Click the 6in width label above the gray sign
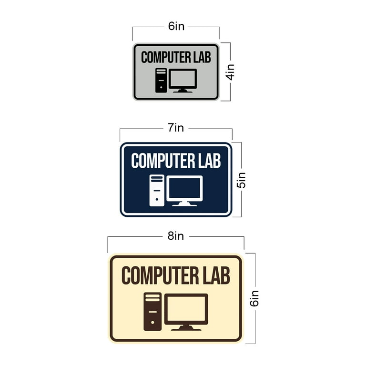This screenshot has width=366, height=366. [176, 26]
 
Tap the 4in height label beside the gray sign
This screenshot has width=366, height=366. [230, 72]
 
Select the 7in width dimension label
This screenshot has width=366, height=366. [176, 128]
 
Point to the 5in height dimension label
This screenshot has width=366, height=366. [241, 180]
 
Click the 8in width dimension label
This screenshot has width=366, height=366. [176, 236]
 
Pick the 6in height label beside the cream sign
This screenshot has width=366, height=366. [254, 298]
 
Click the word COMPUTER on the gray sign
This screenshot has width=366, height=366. [166, 57]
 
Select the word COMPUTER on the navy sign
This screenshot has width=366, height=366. [163, 161]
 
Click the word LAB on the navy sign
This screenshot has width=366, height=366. [209, 161]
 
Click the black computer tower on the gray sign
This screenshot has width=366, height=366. [161, 80]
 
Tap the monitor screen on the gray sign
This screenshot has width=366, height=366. [183, 79]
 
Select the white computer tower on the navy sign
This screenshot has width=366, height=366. [157, 191]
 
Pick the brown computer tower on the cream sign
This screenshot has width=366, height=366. [152, 311]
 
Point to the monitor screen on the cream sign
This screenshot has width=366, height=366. [186, 309]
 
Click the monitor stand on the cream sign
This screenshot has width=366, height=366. [186, 328]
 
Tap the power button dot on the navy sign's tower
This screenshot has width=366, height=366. [157, 199]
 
